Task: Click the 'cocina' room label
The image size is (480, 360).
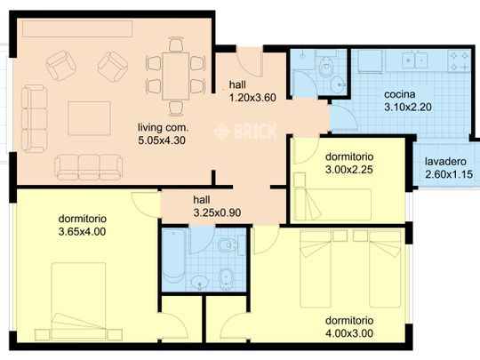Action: (x=399, y=94)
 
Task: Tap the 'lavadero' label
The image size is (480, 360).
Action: (x=445, y=161)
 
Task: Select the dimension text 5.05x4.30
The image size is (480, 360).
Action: (x=162, y=140)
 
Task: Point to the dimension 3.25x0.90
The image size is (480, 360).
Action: (x=217, y=212)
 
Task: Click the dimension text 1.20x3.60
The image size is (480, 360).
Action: (x=252, y=98)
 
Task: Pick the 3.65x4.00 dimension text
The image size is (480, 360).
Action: (x=82, y=231)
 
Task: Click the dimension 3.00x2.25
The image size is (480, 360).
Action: (x=349, y=169)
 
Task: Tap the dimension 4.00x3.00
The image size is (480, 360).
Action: (x=349, y=333)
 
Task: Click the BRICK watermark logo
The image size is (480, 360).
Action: (x=245, y=132)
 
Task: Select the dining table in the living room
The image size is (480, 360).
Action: (x=176, y=76)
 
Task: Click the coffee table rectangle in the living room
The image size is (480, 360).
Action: (x=89, y=118)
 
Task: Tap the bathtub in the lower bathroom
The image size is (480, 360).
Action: (x=174, y=260)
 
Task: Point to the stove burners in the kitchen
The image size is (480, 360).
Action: (x=460, y=61)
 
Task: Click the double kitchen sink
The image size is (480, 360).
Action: (x=415, y=60)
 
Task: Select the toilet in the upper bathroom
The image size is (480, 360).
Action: (x=326, y=66)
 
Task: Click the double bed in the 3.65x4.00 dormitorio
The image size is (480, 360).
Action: (x=78, y=301)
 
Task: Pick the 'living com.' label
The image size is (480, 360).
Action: (x=164, y=127)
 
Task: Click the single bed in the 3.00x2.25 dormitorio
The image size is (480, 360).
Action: (x=332, y=204)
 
